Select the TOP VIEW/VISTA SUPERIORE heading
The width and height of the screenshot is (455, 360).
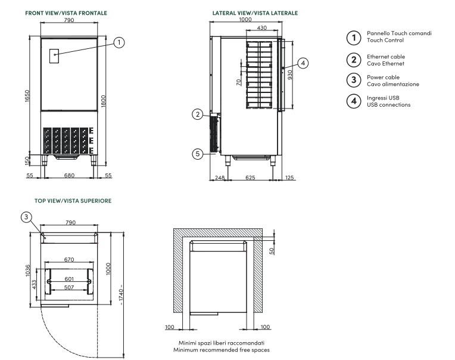73,201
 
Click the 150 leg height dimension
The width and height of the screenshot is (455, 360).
26,162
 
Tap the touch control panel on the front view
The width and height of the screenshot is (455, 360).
54,55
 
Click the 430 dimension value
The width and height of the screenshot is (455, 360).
261,29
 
